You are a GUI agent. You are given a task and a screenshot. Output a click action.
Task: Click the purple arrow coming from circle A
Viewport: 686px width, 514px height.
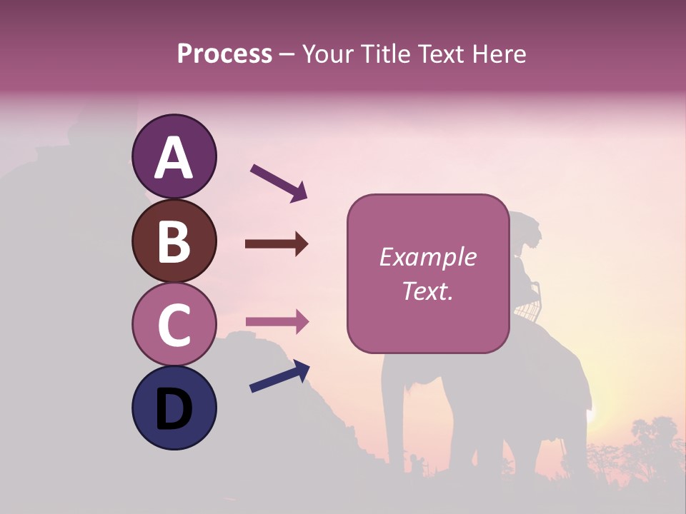(279, 182)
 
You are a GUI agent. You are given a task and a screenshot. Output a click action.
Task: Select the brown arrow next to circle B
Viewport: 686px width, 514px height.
(277, 244)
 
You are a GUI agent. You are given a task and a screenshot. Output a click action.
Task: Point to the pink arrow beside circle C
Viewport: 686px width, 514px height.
(277, 322)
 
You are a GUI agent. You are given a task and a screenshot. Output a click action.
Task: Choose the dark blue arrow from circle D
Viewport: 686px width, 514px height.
(279, 377)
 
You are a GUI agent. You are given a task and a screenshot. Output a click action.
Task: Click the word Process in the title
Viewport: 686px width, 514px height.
(224, 54)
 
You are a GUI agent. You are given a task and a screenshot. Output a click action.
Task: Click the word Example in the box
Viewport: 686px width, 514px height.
(427, 257)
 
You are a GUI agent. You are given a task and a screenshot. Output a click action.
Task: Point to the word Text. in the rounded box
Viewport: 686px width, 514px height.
(427, 291)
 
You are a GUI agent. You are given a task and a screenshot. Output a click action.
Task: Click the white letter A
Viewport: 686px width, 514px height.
(174, 158)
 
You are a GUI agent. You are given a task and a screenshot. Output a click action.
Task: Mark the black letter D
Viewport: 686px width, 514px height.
(174, 410)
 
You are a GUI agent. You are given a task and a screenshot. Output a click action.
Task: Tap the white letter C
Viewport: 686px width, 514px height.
(174, 326)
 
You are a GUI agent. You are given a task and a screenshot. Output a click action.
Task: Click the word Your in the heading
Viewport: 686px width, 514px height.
(329, 54)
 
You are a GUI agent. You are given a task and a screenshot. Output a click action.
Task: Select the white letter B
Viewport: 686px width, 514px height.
(174, 241)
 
